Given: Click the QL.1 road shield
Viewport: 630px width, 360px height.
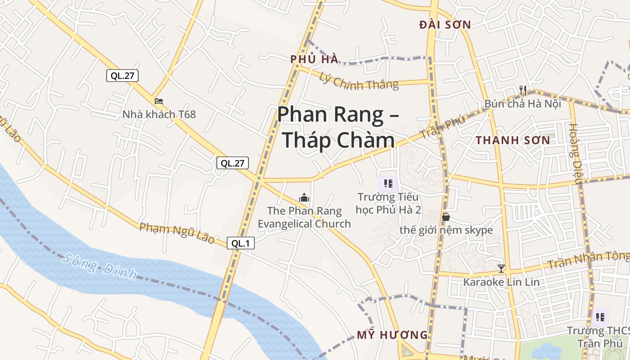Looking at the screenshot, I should tap(241, 243).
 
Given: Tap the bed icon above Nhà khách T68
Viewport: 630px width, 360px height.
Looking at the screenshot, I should tap(159, 101).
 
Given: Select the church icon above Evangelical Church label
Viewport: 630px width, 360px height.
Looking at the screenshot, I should tap(305, 198).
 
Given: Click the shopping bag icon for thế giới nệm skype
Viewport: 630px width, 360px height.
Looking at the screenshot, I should tap(446, 217).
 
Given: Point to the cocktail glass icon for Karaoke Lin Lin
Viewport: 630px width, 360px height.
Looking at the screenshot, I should tap(501, 269).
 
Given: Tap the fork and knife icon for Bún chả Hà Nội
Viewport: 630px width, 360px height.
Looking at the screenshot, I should tap(523, 90).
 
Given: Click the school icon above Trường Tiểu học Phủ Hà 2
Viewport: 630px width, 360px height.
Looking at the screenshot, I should tap(388, 184).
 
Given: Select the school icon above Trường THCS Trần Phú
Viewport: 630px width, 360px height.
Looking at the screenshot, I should tap(600, 317).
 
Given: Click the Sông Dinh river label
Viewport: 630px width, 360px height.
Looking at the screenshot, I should tap(99, 266).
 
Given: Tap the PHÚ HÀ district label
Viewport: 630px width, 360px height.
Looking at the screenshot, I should tap(314, 59).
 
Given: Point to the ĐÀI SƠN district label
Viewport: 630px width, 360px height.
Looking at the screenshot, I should tap(445, 25).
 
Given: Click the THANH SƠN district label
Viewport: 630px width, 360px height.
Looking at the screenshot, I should tap(513, 140).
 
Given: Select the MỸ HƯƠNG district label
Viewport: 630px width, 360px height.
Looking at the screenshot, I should tap(392, 335).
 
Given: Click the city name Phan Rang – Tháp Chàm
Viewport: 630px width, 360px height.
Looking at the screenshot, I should tap(338, 127).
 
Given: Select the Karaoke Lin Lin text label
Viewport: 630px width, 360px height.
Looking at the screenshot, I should tap(501, 282).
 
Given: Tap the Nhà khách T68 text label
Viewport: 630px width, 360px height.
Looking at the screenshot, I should tap(159, 114).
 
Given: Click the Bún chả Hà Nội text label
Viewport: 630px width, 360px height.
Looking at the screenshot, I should tap(523, 104).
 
